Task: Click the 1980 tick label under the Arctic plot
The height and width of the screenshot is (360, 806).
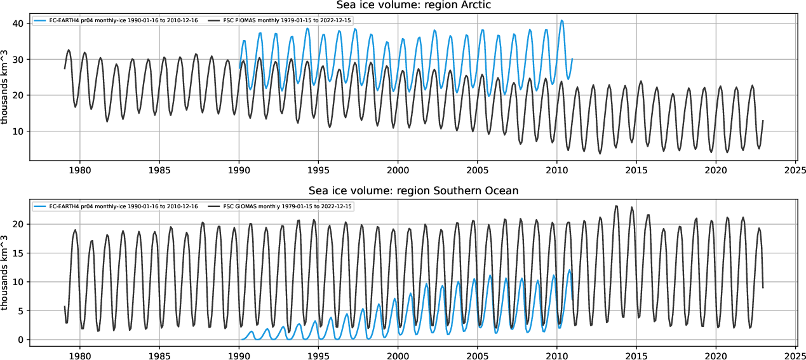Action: point(79,170)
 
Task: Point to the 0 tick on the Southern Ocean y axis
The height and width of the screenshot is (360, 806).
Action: point(21,340)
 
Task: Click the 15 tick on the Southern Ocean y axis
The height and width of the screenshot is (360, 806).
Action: point(18,253)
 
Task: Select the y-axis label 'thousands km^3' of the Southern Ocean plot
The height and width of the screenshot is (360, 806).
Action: point(6,271)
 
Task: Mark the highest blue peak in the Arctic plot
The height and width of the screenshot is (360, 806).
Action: point(561,20)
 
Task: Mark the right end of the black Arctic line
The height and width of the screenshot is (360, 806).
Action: point(763,121)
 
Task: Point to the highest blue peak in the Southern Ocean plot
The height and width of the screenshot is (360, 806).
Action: point(569,270)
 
